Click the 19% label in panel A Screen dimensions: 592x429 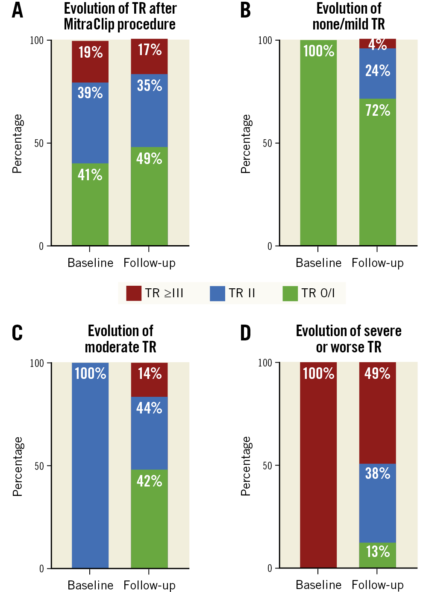[91, 53]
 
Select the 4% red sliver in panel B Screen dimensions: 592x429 [378, 44]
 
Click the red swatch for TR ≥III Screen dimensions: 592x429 [134, 293]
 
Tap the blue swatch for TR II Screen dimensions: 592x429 [217, 293]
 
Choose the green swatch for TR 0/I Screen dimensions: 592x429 [290, 293]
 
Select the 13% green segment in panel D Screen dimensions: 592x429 [378, 555]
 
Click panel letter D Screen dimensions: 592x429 [246, 333]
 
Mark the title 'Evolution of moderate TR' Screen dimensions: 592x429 [120, 339]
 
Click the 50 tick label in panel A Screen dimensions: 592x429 [39, 143]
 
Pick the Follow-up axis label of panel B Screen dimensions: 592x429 [378, 263]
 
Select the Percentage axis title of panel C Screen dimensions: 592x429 [18, 466]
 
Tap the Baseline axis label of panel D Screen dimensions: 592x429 [319, 585]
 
